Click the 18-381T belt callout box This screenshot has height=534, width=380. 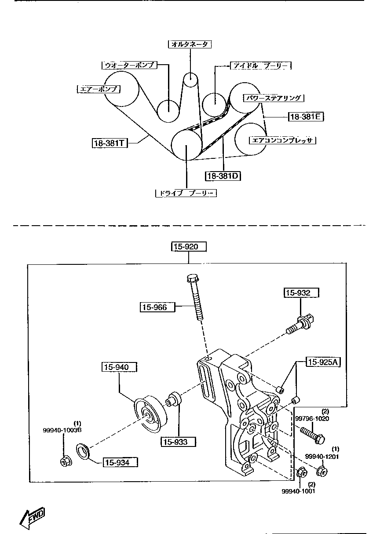110,143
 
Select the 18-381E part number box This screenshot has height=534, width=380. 306,117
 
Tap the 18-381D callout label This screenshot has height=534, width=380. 223,176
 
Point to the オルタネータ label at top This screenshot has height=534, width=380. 190,44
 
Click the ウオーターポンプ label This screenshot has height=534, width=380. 129,65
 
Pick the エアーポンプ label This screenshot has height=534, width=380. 99,89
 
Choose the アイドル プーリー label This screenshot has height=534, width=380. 261,66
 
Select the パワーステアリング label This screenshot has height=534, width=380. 274,98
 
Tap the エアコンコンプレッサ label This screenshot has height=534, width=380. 282,140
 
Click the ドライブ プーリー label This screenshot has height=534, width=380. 186,193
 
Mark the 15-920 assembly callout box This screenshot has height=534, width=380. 189,246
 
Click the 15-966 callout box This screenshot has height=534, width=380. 157,307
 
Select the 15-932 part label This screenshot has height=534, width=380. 301,293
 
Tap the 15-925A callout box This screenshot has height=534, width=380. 323,362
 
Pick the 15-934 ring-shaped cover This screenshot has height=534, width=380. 83,450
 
